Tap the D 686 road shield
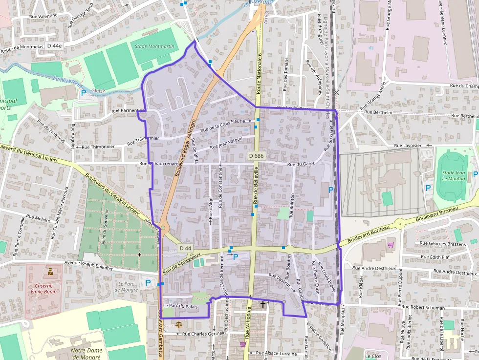[256, 156]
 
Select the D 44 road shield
[185, 248]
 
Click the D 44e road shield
[54, 45]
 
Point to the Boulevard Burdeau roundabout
[400, 224]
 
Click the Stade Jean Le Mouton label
[453, 175]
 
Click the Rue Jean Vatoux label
[226, 143]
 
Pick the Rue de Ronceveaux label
[181, 262]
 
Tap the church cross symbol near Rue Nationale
[263, 304]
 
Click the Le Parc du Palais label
[180, 306]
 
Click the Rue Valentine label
[44, 16]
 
